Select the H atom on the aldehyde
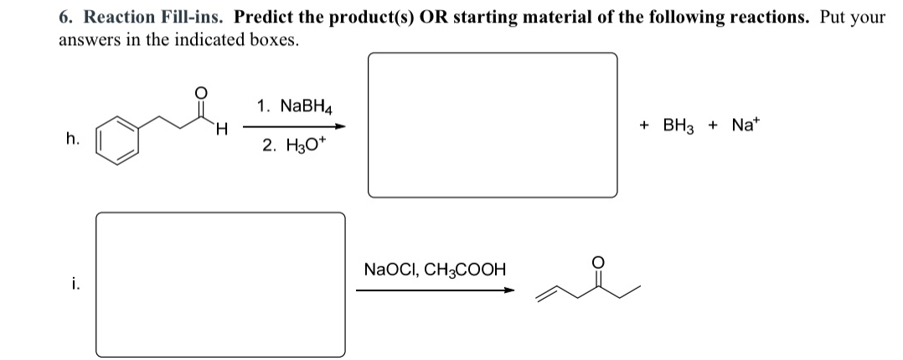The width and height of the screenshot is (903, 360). point(221,129)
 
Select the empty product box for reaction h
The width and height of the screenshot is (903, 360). point(493,125)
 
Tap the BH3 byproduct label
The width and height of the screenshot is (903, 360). point(679,125)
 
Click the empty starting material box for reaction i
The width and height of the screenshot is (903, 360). point(219,285)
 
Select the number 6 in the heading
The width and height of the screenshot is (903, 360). point(64,17)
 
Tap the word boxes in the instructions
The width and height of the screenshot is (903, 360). point(270,39)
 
